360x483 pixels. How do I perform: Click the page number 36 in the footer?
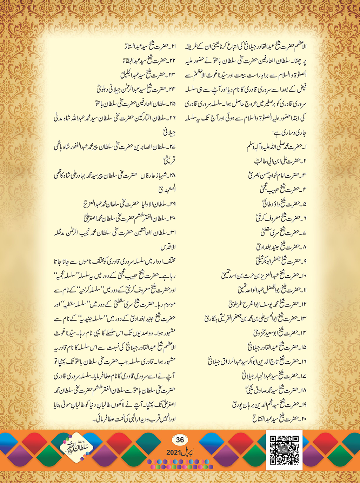(180, 439)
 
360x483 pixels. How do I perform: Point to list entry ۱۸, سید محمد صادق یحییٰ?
(275, 390)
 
